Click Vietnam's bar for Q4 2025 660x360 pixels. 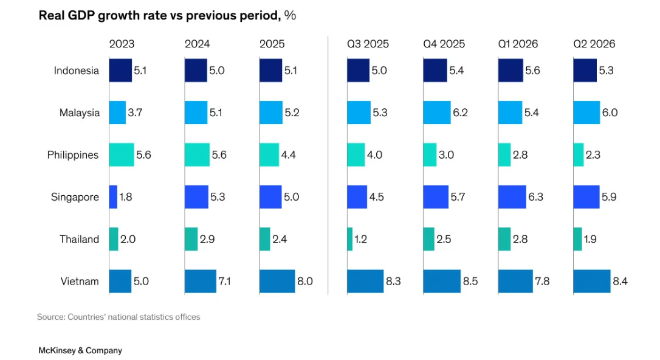click(442, 282)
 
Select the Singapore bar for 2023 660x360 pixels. click(113, 196)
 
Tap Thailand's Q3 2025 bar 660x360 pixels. click(350, 239)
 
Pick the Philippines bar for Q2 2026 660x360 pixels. click(579, 154)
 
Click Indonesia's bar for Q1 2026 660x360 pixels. click(510, 71)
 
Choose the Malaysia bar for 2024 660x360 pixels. click(196, 112)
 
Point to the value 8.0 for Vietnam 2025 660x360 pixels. click(304, 282)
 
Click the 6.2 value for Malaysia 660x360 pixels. click(460, 112)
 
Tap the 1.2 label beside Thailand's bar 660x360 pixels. click(361, 239)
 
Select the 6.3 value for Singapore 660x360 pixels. click(536, 196)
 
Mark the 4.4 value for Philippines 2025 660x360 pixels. click(288, 154)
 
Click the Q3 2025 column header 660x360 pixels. click(368, 44)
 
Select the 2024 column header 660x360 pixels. click(197, 44)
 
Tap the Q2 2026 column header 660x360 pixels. click(594, 44)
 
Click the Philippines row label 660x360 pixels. click(73, 155)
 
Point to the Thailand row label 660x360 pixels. click(79, 239)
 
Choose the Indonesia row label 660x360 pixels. click(76, 71)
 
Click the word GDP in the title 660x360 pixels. click(81, 16)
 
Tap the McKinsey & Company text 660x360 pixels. click(80, 350)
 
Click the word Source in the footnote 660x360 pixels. click(50, 317)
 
